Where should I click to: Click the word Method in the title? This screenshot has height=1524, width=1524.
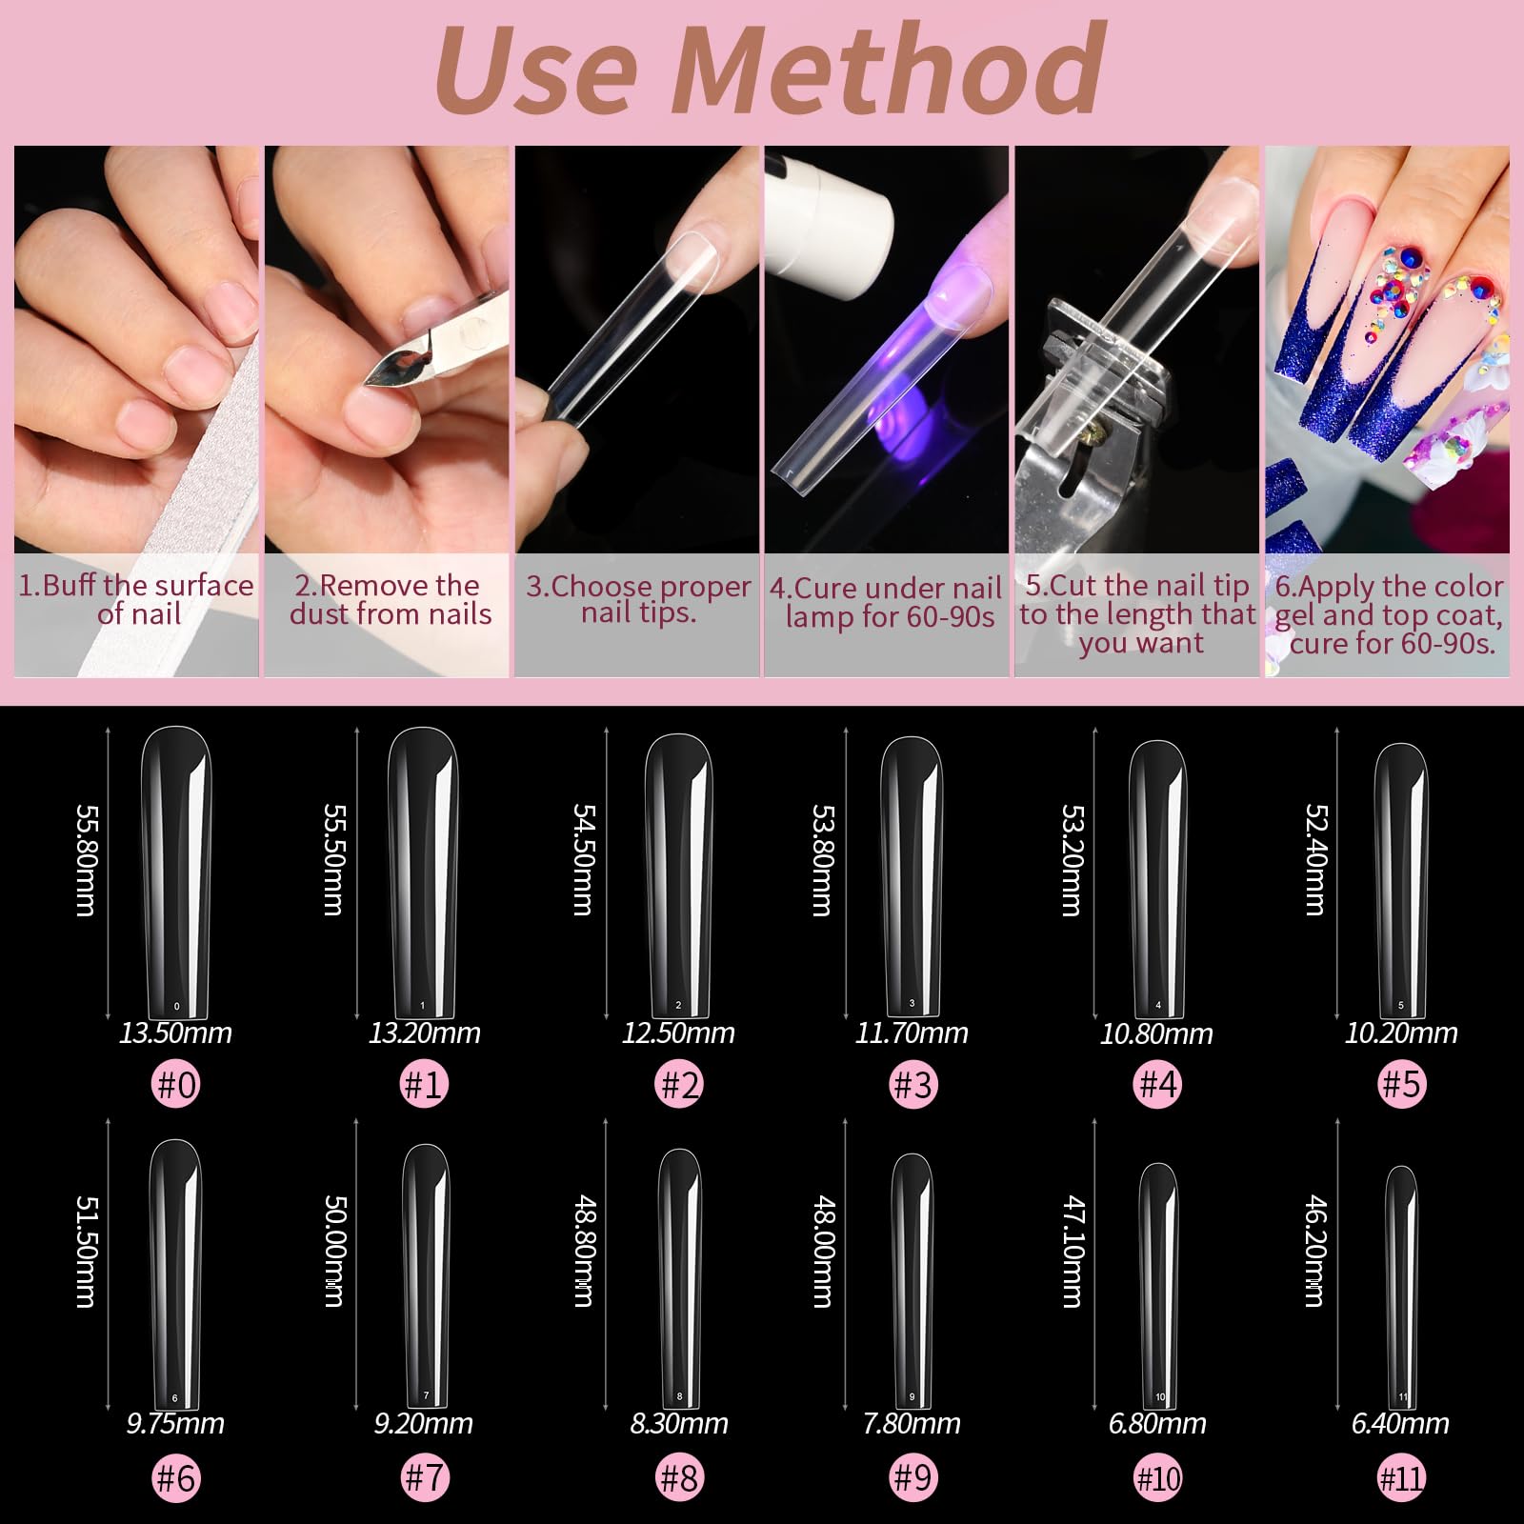pyautogui.click(x=891, y=71)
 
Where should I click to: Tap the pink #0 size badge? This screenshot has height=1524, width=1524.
pyautogui.click(x=176, y=1084)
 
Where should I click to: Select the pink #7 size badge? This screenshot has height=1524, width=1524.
pyautogui.click(x=425, y=1478)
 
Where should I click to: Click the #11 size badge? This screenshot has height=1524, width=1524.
pyautogui.click(x=1401, y=1478)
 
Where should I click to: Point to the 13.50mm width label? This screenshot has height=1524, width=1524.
pyautogui.click(x=176, y=1033)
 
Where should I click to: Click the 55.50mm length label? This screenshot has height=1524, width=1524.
pyautogui.click(x=332, y=859)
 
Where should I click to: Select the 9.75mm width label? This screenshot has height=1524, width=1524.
pyautogui.click(x=176, y=1424)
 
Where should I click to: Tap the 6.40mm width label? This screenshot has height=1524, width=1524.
pyautogui.click(x=1400, y=1424)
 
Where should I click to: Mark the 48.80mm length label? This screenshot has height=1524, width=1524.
pyautogui.click(x=583, y=1251)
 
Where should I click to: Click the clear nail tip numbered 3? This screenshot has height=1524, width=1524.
pyautogui.click(x=912, y=876)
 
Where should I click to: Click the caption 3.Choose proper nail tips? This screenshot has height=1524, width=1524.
pyautogui.click(x=638, y=599)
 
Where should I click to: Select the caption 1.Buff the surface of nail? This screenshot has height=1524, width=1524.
pyautogui.click(x=137, y=599)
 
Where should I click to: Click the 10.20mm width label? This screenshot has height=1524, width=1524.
pyautogui.click(x=1400, y=1033)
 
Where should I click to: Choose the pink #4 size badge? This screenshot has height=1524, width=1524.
pyautogui.click(x=1158, y=1084)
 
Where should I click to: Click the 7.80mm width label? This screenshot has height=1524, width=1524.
pyautogui.click(x=912, y=1424)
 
